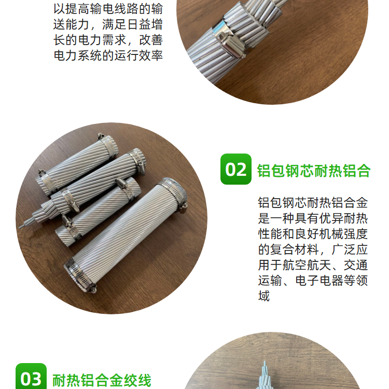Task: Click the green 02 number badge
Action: point(235,169)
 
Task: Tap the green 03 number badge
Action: point(31,377)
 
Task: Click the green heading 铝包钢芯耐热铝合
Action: point(314,171)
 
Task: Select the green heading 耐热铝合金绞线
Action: point(102,380)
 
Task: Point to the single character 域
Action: point(263,296)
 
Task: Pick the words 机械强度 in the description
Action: point(343,234)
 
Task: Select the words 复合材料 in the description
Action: point(294,249)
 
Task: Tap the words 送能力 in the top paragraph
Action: point(71,24)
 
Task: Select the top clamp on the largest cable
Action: point(174,191)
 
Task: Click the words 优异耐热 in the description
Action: point(343,218)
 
